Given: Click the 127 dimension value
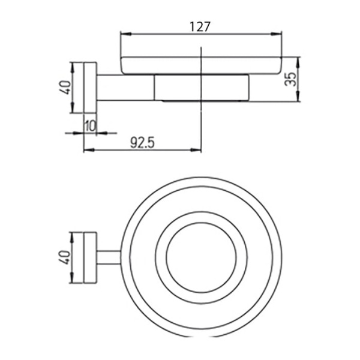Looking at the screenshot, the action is click(x=200, y=27).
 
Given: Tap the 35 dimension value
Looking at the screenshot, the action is click(x=290, y=79).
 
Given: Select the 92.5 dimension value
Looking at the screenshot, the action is click(x=142, y=143).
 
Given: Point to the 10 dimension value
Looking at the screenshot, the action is click(x=91, y=126).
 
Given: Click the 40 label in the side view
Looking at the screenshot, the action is click(x=65, y=87).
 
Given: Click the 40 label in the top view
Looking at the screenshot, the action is click(x=65, y=257).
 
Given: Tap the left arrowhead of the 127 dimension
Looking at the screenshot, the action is click(x=126, y=34).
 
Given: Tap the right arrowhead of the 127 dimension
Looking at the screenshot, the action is click(x=277, y=34).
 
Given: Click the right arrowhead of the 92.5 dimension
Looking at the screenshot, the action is click(x=196, y=150).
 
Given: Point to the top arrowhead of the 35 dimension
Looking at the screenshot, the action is click(x=298, y=62).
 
